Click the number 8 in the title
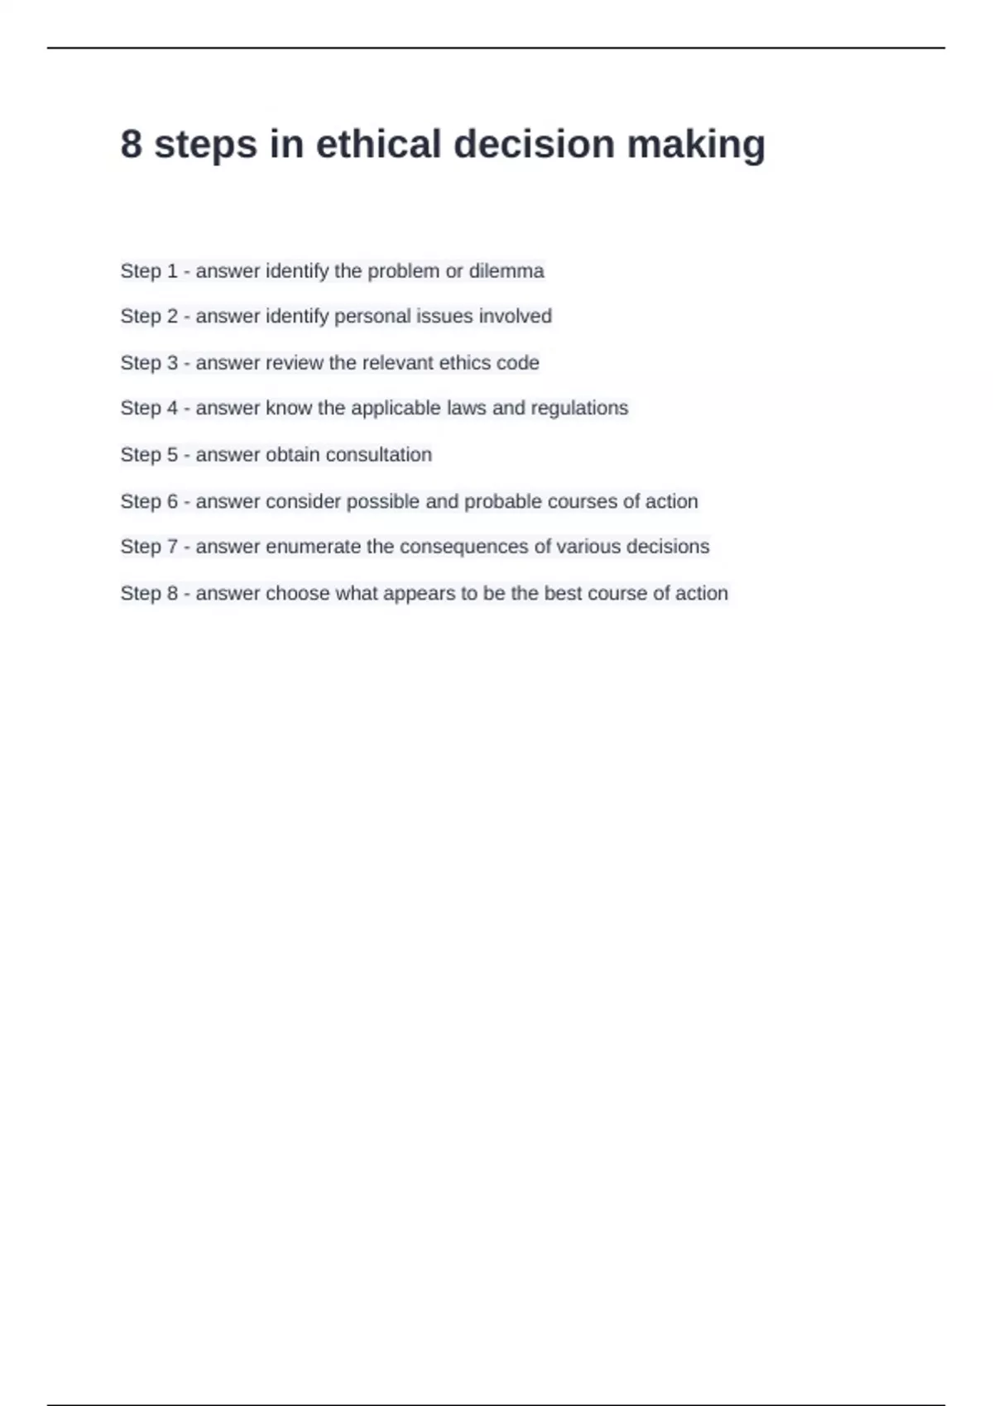tap(131, 144)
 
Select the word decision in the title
tap(534, 144)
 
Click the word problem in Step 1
tap(403, 271)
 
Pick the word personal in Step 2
tap(373, 316)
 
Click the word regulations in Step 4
tap(579, 408)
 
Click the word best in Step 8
tap(563, 593)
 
